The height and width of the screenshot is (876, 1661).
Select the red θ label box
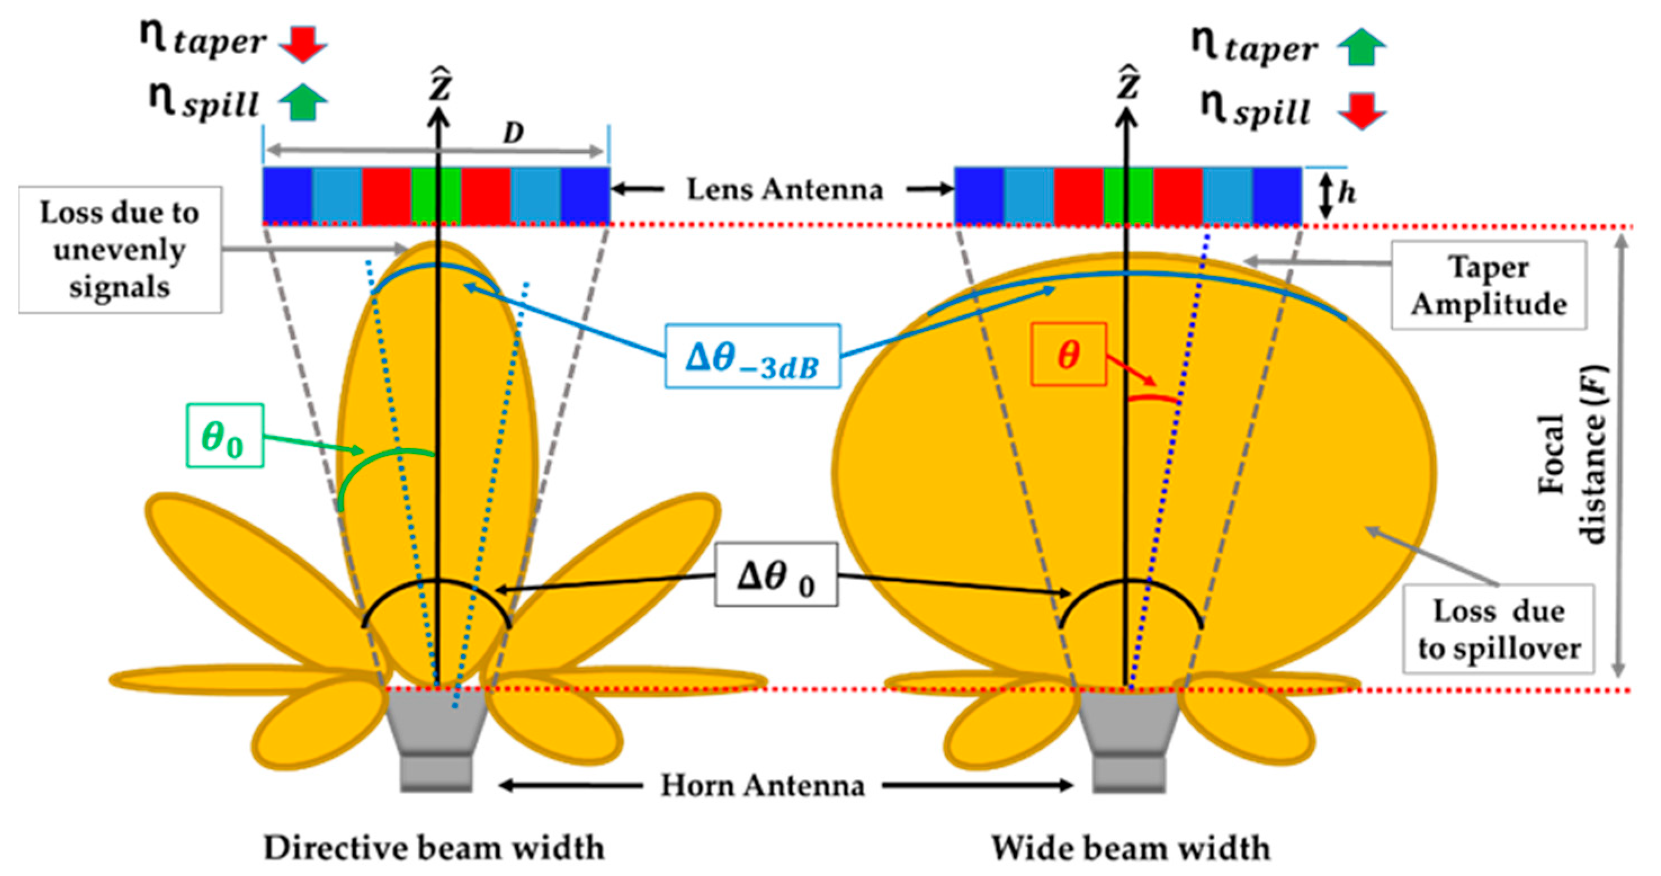pos(1068,355)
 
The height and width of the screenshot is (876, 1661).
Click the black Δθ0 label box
pos(776,575)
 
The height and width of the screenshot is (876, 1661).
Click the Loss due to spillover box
pos(1498,629)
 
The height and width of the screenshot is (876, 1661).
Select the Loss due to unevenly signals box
pos(120,251)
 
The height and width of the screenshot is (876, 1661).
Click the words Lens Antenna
pos(784,190)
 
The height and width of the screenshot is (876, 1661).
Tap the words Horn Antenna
pos(762,786)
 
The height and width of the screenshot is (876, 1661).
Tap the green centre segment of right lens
pos(1128,195)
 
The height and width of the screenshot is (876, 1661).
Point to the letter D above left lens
pos(513,133)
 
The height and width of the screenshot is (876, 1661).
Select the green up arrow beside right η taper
pos(1361,47)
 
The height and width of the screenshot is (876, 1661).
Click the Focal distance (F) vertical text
pos(1572,455)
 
